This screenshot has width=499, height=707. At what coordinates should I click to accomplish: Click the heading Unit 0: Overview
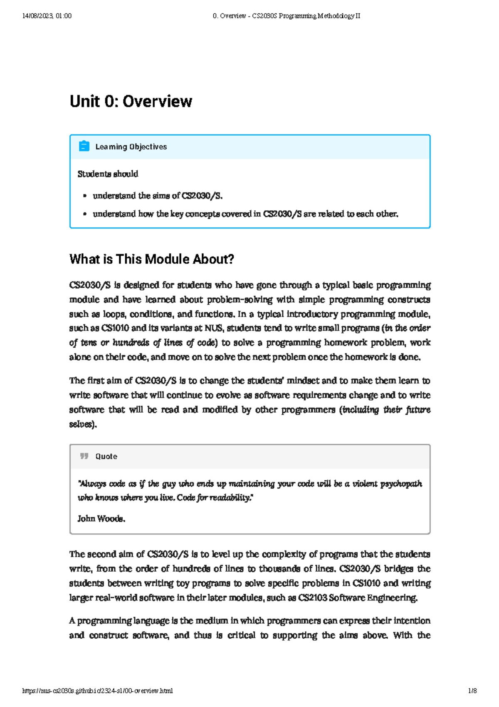click(x=131, y=101)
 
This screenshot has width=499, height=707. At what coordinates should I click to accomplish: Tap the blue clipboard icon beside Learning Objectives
click(x=84, y=146)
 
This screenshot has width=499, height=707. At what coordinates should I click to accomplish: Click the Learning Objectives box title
click(x=131, y=147)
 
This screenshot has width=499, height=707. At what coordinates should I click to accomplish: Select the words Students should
click(x=108, y=174)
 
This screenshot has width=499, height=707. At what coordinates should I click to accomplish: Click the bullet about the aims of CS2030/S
click(x=158, y=196)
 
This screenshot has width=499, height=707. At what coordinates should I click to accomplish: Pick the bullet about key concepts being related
click(x=245, y=214)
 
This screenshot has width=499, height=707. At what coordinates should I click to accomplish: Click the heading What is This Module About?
click(x=151, y=259)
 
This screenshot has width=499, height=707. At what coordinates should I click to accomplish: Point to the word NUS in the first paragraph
click(x=214, y=328)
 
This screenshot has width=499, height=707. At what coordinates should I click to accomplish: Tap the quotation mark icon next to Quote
click(x=84, y=456)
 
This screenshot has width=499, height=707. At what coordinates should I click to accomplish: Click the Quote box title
click(x=106, y=456)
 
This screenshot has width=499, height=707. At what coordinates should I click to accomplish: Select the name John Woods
click(x=101, y=518)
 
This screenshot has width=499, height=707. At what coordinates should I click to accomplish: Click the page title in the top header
click(x=286, y=16)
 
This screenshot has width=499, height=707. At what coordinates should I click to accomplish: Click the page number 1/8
click(x=472, y=691)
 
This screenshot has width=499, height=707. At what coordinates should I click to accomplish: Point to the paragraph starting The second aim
click(x=249, y=576)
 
